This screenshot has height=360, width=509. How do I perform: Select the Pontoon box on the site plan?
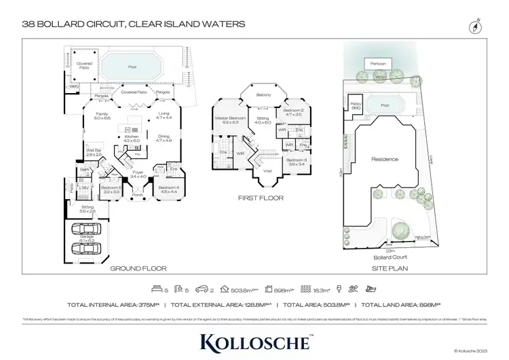[x=377, y=63]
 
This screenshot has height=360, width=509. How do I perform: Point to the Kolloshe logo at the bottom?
[x=254, y=339]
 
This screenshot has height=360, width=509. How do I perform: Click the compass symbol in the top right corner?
[x=474, y=27]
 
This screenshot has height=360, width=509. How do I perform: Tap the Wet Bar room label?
[x=93, y=152]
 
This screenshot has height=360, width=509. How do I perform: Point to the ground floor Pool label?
[x=132, y=67]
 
